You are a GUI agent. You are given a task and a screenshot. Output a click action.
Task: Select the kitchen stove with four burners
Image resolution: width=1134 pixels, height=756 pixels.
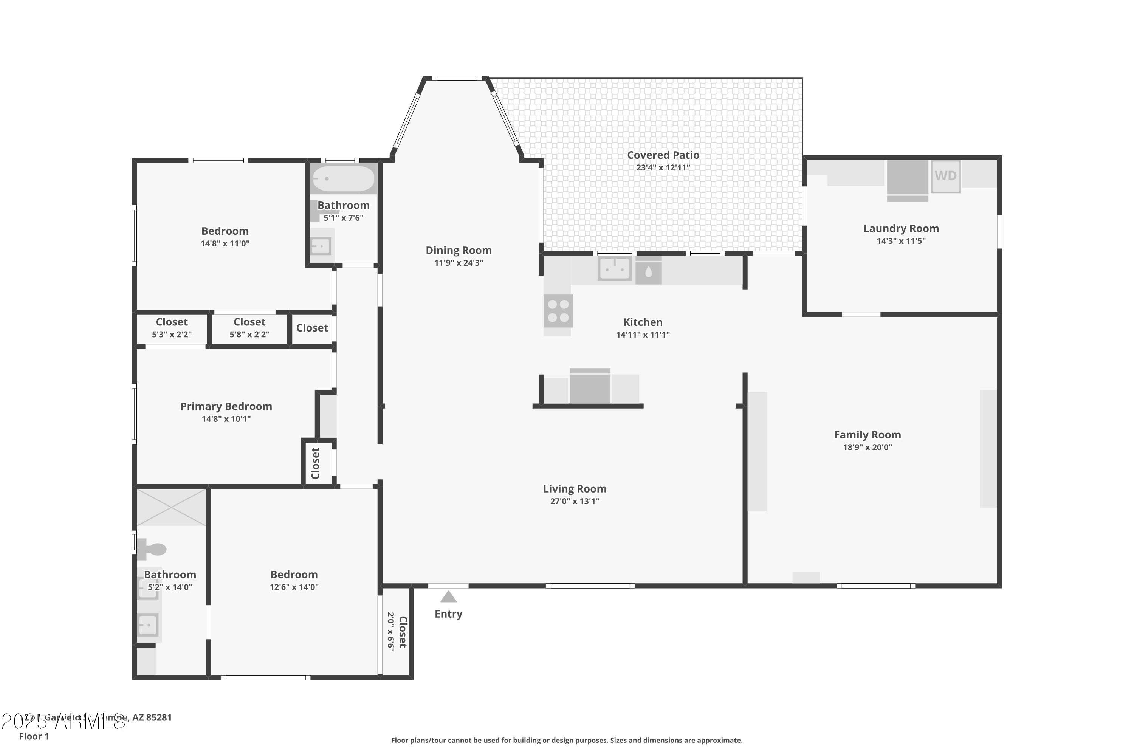coord(558,311)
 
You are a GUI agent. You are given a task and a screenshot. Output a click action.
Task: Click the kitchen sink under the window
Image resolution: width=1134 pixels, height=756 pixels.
coord(614,268)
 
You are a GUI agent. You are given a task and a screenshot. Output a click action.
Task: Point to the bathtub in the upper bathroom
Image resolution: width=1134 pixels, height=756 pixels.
coord(343,179)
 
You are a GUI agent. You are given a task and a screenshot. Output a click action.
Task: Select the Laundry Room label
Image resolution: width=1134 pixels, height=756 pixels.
coord(901,229)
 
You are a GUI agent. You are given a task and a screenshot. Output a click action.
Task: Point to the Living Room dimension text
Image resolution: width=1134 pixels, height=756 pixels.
coord(574,502)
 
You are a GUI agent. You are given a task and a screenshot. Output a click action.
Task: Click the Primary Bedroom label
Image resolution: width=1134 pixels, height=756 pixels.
coord(226,406)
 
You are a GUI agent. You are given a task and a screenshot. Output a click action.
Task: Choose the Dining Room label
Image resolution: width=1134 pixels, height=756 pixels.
coord(458,250)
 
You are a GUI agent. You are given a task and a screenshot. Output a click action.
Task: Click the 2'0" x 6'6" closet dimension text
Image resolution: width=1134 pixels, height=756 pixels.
coord(390,632)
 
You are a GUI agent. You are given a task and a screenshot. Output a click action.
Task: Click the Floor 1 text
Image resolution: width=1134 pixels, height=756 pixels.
coord(34,736)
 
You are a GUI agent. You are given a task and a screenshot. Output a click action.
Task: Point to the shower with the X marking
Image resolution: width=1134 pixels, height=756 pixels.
coord(171,507)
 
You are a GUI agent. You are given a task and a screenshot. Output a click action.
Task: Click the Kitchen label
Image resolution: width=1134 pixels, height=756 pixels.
coord(642,322)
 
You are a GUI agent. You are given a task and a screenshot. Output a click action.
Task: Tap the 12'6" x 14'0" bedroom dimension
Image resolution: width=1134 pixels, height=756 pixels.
coord(294,587)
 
